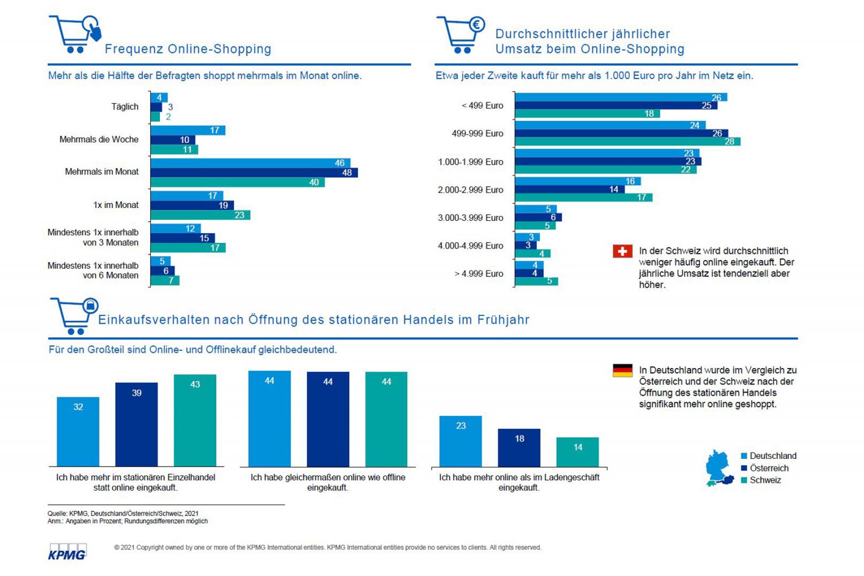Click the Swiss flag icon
click(x=622, y=251)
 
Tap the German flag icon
click(x=622, y=370)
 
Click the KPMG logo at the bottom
click(x=67, y=552)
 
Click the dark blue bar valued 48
click(x=254, y=173)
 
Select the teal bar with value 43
click(x=195, y=420)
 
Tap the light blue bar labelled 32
click(x=78, y=431)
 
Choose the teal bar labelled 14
click(x=578, y=452)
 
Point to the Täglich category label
click(x=125, y=106)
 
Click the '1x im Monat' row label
click(x=116, y=205)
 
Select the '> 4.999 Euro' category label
click(x=478, y=274)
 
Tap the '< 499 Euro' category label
click(x=482, y=106)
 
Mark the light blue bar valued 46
click(x=250, y=163)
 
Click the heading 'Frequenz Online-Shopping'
click(x=188, y=49)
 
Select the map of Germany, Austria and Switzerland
click(x=719, y=469)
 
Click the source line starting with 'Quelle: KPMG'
click(x=123, y=513)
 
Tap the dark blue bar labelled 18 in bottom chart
click(x=519, y=448)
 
